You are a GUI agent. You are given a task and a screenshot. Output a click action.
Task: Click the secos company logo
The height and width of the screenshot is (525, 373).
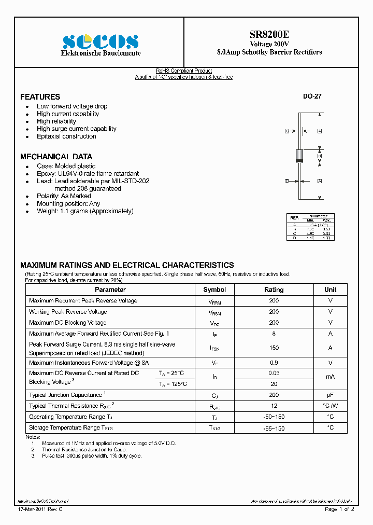(x=101, y=41)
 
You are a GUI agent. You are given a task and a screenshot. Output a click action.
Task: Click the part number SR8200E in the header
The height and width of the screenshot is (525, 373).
(x=269, y=35)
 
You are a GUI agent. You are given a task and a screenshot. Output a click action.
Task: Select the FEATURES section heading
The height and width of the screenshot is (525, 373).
(x=40, y=97)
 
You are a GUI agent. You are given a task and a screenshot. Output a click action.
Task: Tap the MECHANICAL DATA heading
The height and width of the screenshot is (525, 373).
(x=56, y=157)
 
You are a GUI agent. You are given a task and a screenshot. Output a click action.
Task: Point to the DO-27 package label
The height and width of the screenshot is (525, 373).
(x=312, y=96)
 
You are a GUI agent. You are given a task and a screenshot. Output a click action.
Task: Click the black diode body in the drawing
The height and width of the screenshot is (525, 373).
(x=299, y=156)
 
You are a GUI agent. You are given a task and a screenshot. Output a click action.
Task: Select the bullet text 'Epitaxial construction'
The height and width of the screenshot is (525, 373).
(x=66, y=136)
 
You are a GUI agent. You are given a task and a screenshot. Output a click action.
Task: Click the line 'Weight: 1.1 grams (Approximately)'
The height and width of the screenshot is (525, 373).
(x=85, y=211)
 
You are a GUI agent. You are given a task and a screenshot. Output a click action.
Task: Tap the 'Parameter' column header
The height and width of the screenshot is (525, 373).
(x=110, y=290)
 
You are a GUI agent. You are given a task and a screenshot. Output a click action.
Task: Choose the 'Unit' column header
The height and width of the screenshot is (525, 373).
(x=330, y=290)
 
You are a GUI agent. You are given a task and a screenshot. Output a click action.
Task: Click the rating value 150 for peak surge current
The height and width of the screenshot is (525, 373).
(x=274, y=348)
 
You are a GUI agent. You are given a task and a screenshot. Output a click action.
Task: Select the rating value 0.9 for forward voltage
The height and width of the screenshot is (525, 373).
(x=274, y=363)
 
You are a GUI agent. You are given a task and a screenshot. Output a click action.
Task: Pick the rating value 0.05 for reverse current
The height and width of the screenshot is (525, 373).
(x=274, y=374)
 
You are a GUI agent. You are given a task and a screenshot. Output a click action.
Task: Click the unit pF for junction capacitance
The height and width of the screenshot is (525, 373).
(x=330, y=395)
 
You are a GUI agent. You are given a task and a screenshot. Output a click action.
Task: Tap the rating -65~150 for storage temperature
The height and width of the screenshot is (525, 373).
(x=274, y=428)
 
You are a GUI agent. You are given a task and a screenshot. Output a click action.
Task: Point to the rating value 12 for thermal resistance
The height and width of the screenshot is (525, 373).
(x=274, y=406)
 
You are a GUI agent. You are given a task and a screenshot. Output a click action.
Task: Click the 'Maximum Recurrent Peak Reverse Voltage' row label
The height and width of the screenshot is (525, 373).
(x=83, y=301)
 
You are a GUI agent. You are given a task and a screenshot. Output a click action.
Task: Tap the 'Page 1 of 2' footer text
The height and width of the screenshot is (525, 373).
(x=339, y=509)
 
